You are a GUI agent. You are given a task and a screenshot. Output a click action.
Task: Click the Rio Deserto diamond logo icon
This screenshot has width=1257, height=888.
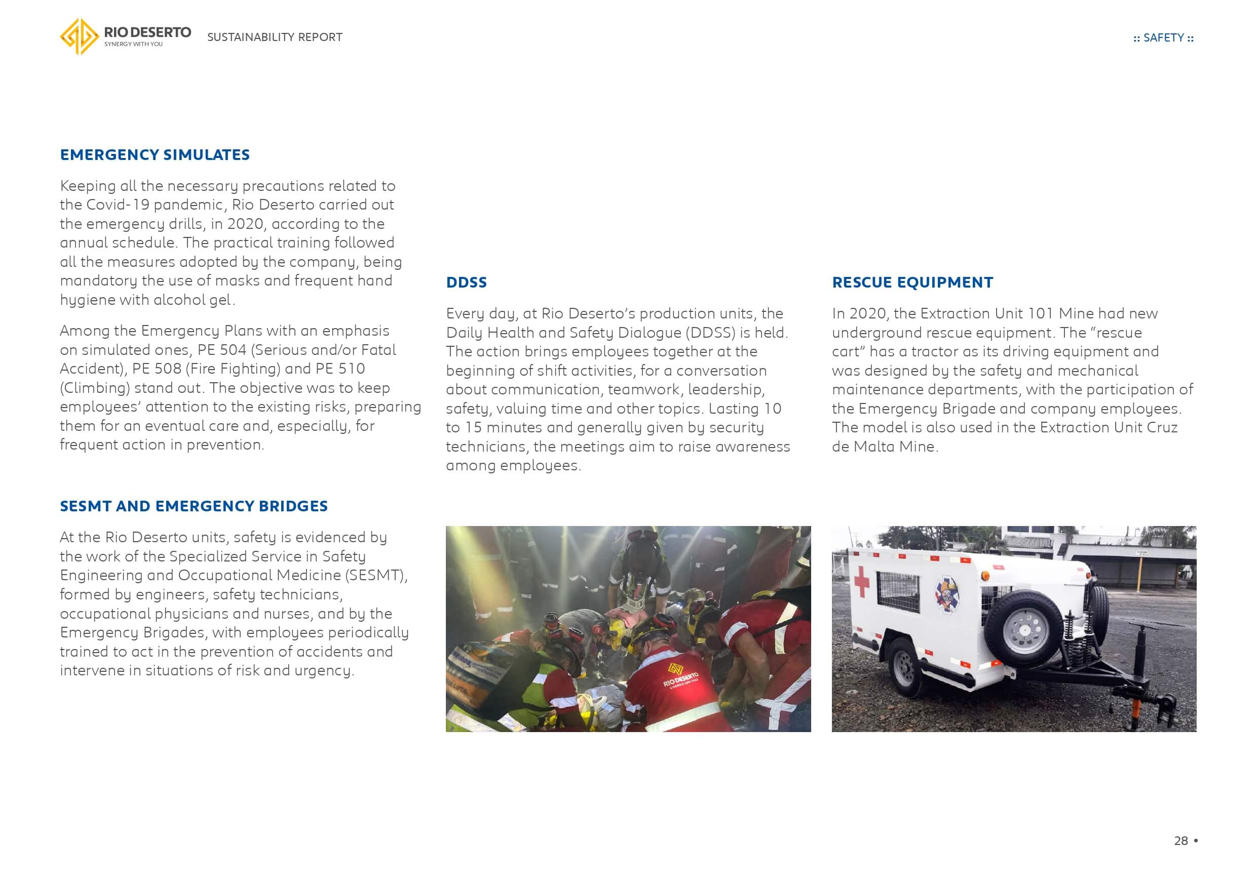click(80, 36)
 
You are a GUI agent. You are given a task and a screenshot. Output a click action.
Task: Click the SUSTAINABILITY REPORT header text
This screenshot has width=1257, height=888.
click(274, 37)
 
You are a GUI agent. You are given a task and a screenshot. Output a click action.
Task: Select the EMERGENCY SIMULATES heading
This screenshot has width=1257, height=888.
click(155, 155)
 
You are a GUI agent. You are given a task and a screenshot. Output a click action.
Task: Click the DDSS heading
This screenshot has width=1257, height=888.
click(466, 282)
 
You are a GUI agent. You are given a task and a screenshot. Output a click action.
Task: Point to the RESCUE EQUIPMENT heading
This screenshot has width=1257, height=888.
click(912, 282)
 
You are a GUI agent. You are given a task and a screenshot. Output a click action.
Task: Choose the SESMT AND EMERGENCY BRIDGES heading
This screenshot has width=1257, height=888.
click(194, 506)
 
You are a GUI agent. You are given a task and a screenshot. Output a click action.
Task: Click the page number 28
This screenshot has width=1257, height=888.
click(1181, 841)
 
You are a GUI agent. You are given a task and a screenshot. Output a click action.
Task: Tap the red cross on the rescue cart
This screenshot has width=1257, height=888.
click(861, 581)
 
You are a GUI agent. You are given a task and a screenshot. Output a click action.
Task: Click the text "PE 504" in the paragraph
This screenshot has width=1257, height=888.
click(222, 350)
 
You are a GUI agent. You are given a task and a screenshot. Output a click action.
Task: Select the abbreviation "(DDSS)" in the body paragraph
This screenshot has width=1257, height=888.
click(709, 333)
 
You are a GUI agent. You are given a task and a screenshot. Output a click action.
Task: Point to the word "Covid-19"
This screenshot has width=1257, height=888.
click(118, 205)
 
